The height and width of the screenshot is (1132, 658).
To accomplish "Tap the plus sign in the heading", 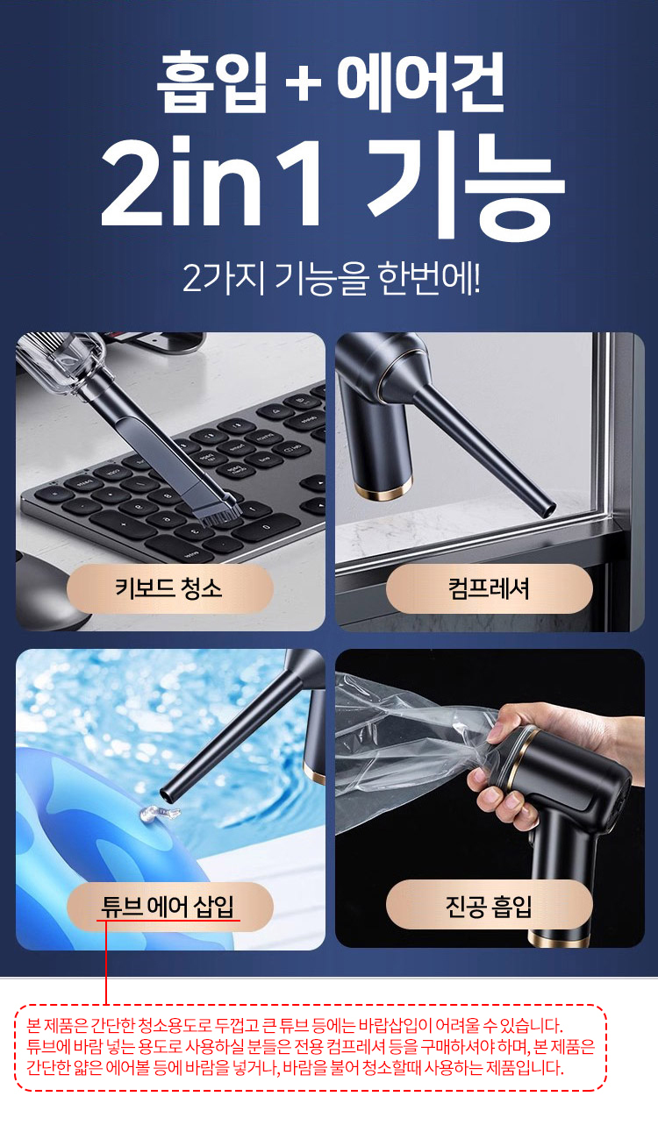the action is tap(303, 82).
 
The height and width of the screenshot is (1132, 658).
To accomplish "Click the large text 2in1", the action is tap(212, 181).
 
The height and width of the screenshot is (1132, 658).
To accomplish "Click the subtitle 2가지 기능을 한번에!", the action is tap(331, 278).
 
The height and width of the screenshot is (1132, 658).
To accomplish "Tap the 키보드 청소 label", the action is tap(169, 588).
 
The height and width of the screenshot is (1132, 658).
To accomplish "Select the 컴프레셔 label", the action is tap(489, 588).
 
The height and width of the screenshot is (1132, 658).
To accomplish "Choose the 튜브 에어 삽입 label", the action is tap(168, 906).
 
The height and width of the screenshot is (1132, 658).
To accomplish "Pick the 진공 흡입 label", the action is tap(489, 906).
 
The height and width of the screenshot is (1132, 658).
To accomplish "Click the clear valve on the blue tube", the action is tap(158, 813).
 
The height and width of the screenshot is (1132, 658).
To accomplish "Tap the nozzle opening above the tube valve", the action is tap(169, 794).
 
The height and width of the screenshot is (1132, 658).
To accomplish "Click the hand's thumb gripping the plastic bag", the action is tap(505, 728).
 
